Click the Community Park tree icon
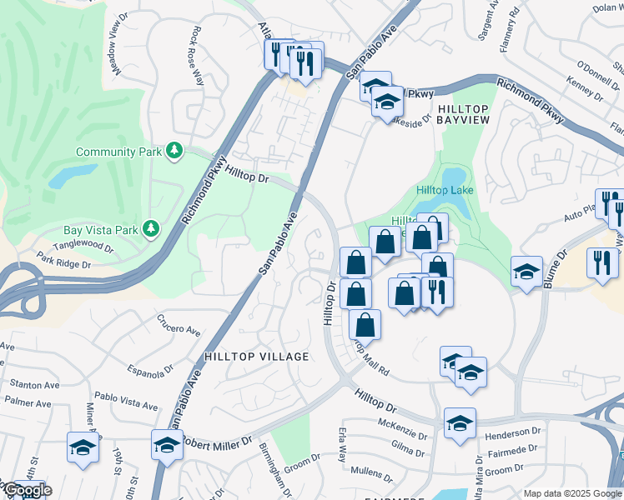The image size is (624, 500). pos(174,151)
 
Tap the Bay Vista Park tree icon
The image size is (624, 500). pos(151,227)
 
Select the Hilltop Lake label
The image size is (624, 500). pos(445,191)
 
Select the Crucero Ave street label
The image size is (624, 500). pos(179,331)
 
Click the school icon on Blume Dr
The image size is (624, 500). pos(526,272)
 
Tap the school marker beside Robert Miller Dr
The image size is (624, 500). pos(168,446)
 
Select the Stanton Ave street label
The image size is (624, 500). pos(34,384)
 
